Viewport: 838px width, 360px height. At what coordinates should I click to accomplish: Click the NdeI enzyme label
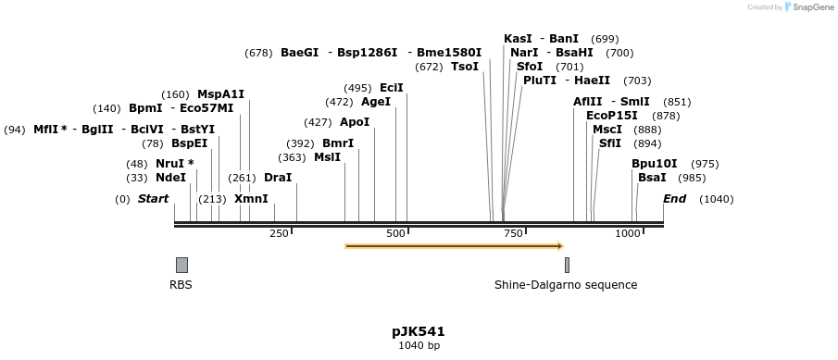click(170, 178)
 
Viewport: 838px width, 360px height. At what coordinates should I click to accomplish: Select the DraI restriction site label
click(278, 178)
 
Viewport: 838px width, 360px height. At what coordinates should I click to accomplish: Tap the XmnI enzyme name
click(251, 199)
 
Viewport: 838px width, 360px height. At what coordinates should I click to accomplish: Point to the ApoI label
click(355, 122)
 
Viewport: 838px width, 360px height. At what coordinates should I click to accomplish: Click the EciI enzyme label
click(392, 88)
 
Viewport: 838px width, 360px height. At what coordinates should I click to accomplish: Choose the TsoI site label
click(465, 67)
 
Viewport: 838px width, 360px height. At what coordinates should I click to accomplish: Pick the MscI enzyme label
click(607, 130)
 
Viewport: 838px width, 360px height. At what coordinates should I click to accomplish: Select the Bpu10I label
click(655, 164)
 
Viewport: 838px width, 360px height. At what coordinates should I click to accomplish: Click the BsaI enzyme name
click(652, 178)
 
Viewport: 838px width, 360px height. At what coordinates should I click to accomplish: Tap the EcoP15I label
click(612, 116)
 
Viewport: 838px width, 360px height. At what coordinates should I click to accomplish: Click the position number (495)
click(357, 88)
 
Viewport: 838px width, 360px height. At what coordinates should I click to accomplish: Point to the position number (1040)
click(717, 199)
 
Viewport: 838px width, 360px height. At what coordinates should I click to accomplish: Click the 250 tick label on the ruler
click(279, 234)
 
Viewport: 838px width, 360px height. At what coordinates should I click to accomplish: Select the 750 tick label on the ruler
click(514, 234)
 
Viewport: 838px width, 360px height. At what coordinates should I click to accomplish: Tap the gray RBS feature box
click(181, 265)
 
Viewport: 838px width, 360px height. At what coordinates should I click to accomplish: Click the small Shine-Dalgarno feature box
click(567, 265)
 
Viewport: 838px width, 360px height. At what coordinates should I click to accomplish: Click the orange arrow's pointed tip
click(561, 246)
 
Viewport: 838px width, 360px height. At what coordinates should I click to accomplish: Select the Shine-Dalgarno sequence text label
click(566, 285)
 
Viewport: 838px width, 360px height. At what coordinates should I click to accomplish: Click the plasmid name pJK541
click(419, 331)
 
